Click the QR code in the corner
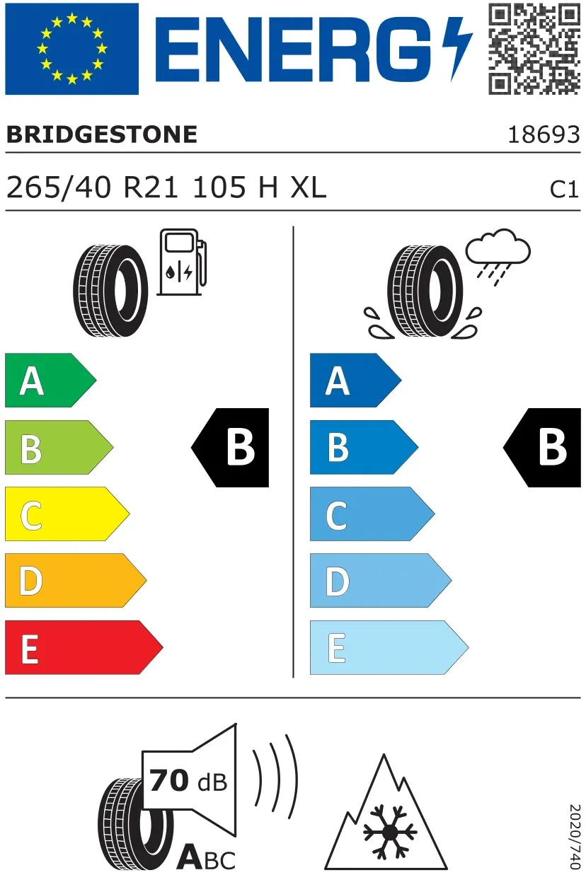[x=534, y=50]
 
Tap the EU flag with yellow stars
[x=72, y=49]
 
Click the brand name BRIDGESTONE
[x=102, y=134]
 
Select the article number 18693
[x=544, y=135]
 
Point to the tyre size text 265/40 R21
[x=93, y=187]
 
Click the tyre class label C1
[x=564, y=190]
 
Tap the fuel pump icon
[x=182, y=262]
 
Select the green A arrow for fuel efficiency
[x=50, y=380]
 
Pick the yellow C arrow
[x=67, y=514]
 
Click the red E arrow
[x=84, y=647]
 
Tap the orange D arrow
[x=76, y=581]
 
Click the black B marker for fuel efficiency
[x=230, y=448]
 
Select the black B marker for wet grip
[x=542, y=448]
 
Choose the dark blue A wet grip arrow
[x=355, y=380]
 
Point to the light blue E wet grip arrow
[x=389, y=647]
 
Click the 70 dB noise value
[x=188, y=780]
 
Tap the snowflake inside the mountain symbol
[x=389, y=832]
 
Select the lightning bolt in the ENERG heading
[x=457, y=49]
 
